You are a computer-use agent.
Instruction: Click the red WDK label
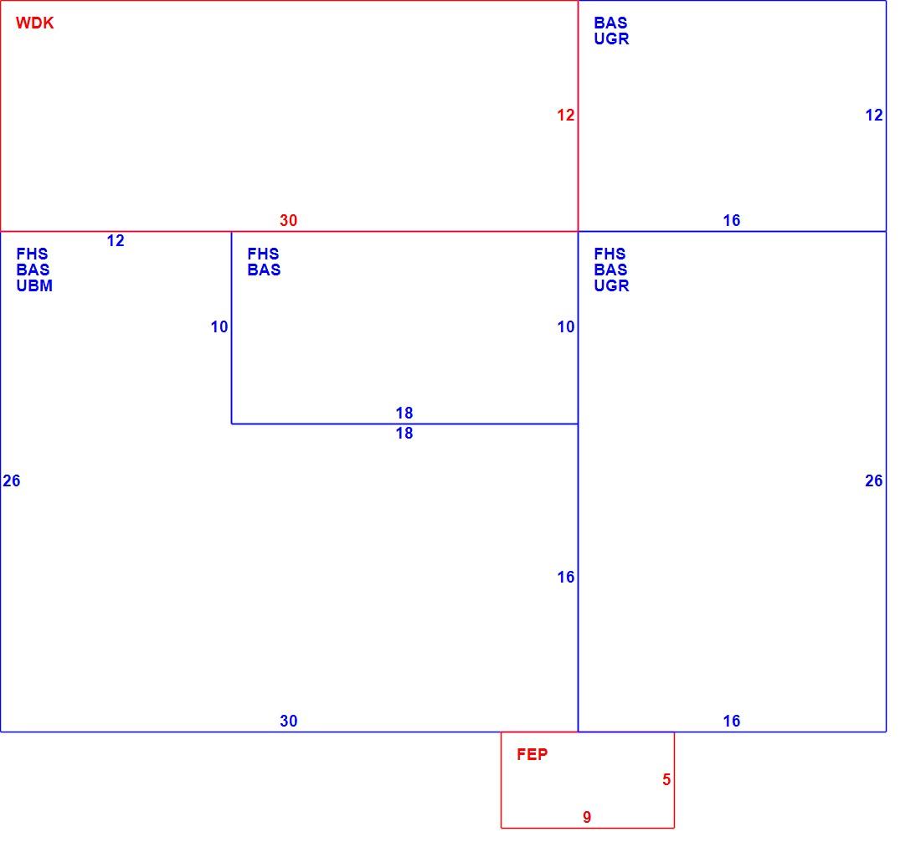click(x=34, y=23)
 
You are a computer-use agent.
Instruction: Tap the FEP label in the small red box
click(x=533, y=754)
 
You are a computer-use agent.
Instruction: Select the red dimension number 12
click(x=566, y=115)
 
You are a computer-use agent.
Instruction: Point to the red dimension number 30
click(x=288, y=220)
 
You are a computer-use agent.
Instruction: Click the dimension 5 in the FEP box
click(x=666, y=779)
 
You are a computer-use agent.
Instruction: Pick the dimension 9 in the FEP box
click(x=587, y=817)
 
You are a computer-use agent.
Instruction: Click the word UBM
click(x=34, y=286)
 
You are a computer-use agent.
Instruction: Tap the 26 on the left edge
click(x=11, y=480)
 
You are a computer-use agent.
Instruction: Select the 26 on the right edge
click(x=874, y=480)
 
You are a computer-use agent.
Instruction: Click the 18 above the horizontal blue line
click(x=404, y=414)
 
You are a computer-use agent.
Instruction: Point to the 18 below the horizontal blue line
click(x=404, y=434)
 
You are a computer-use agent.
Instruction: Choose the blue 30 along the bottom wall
click(x=288, y=721)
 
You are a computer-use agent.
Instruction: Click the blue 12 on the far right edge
click(x=874, y=115)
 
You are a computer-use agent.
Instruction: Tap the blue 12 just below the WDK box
click(x=116, y=241)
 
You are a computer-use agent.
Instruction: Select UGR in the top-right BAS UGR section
click(x=611, y=39)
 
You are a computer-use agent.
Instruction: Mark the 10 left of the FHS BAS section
click(x=219, y=327)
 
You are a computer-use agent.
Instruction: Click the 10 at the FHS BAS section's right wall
click(x=566, y=327)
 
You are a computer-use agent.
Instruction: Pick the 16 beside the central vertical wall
click(x=566, y=577)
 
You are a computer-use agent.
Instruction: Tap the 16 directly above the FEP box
click(x=731, y=721)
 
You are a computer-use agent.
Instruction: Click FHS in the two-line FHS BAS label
click(x=263, y=254)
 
